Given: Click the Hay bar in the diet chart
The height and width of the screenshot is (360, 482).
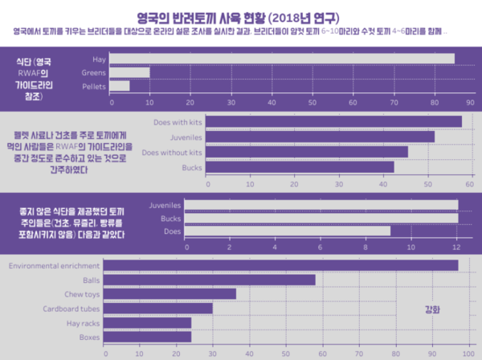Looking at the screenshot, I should pos(281,59).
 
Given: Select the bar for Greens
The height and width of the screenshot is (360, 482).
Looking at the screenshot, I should pos(129,72).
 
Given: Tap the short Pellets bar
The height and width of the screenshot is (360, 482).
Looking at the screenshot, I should pos(119,86).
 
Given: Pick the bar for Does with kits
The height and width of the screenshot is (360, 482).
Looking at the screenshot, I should pos(334,121).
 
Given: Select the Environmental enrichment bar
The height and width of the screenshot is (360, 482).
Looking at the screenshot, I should pos(281,265).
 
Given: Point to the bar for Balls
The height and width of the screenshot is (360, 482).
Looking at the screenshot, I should pos(210,280).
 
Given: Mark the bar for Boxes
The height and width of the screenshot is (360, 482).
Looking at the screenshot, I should pos(148,337).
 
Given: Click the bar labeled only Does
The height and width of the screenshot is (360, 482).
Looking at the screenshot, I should pos(288,231).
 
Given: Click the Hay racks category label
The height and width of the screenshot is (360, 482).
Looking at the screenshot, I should pos(84,323).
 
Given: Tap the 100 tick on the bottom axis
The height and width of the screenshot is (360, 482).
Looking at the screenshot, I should pos(469,352).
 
